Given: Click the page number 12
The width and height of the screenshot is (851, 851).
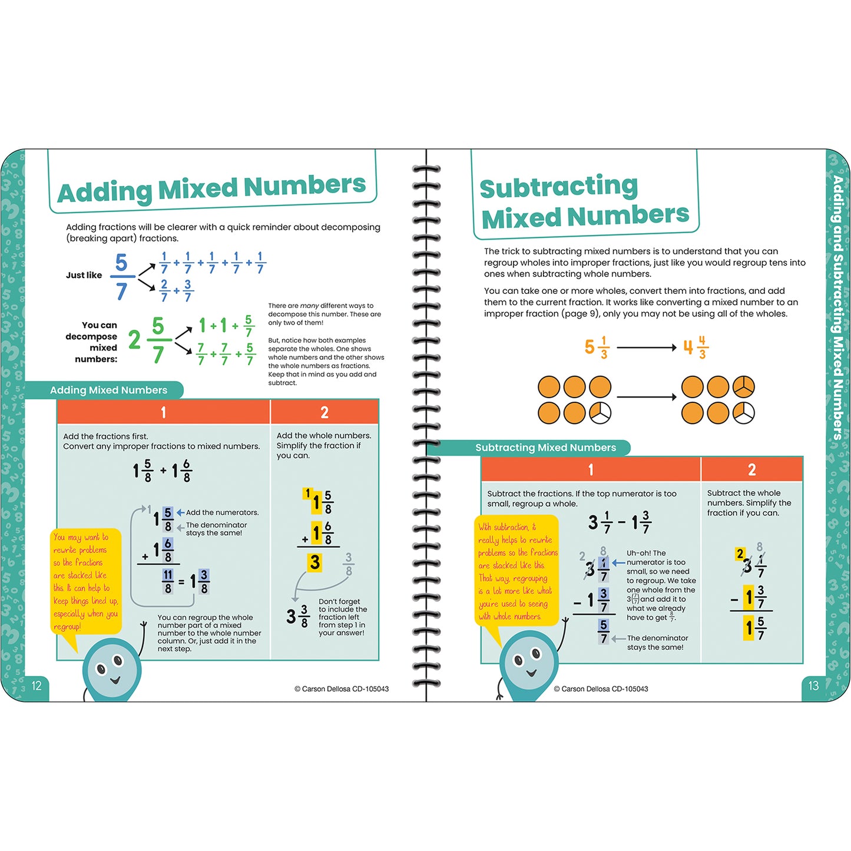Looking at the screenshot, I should click(x=37, y=686).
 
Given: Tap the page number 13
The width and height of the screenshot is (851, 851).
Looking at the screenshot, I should click(x=813, y=686).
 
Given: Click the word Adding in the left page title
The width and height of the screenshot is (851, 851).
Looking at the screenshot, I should click(x=104, y=192).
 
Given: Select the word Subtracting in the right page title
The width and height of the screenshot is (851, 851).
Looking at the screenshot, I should click(x=558, y=187).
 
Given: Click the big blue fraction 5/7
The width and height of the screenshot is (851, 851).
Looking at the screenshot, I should click(x=121, y=276).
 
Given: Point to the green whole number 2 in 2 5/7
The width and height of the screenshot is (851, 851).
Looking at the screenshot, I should click(x=135, y=340).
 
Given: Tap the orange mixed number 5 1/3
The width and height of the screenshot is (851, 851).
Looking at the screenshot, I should click(x=596, y=347).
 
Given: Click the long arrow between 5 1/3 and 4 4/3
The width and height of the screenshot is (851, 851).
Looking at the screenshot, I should click(x=646, y=347).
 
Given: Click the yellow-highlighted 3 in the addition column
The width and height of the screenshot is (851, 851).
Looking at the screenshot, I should click(x=315, y=562).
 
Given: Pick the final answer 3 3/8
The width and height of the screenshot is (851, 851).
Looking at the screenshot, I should click(x=297, y=615).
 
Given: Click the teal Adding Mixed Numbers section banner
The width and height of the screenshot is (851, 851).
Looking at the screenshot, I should click(x=108, y=390).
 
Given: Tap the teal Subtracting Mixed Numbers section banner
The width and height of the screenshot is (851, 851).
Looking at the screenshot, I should click(x=545, y=448).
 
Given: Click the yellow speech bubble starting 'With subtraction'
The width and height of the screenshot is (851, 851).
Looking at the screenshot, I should click(x=517, y=571).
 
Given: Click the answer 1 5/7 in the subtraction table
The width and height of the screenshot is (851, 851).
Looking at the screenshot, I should click(x=754, y=629).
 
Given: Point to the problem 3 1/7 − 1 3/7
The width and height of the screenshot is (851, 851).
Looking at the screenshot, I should click(x=620, y=522).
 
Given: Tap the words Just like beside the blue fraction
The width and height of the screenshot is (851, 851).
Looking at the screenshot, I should click(x=84, y=275).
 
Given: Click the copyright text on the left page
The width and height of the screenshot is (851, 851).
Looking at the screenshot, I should click(x=342, y=688).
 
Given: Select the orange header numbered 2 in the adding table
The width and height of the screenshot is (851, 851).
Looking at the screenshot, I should click(x=324, y=412).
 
